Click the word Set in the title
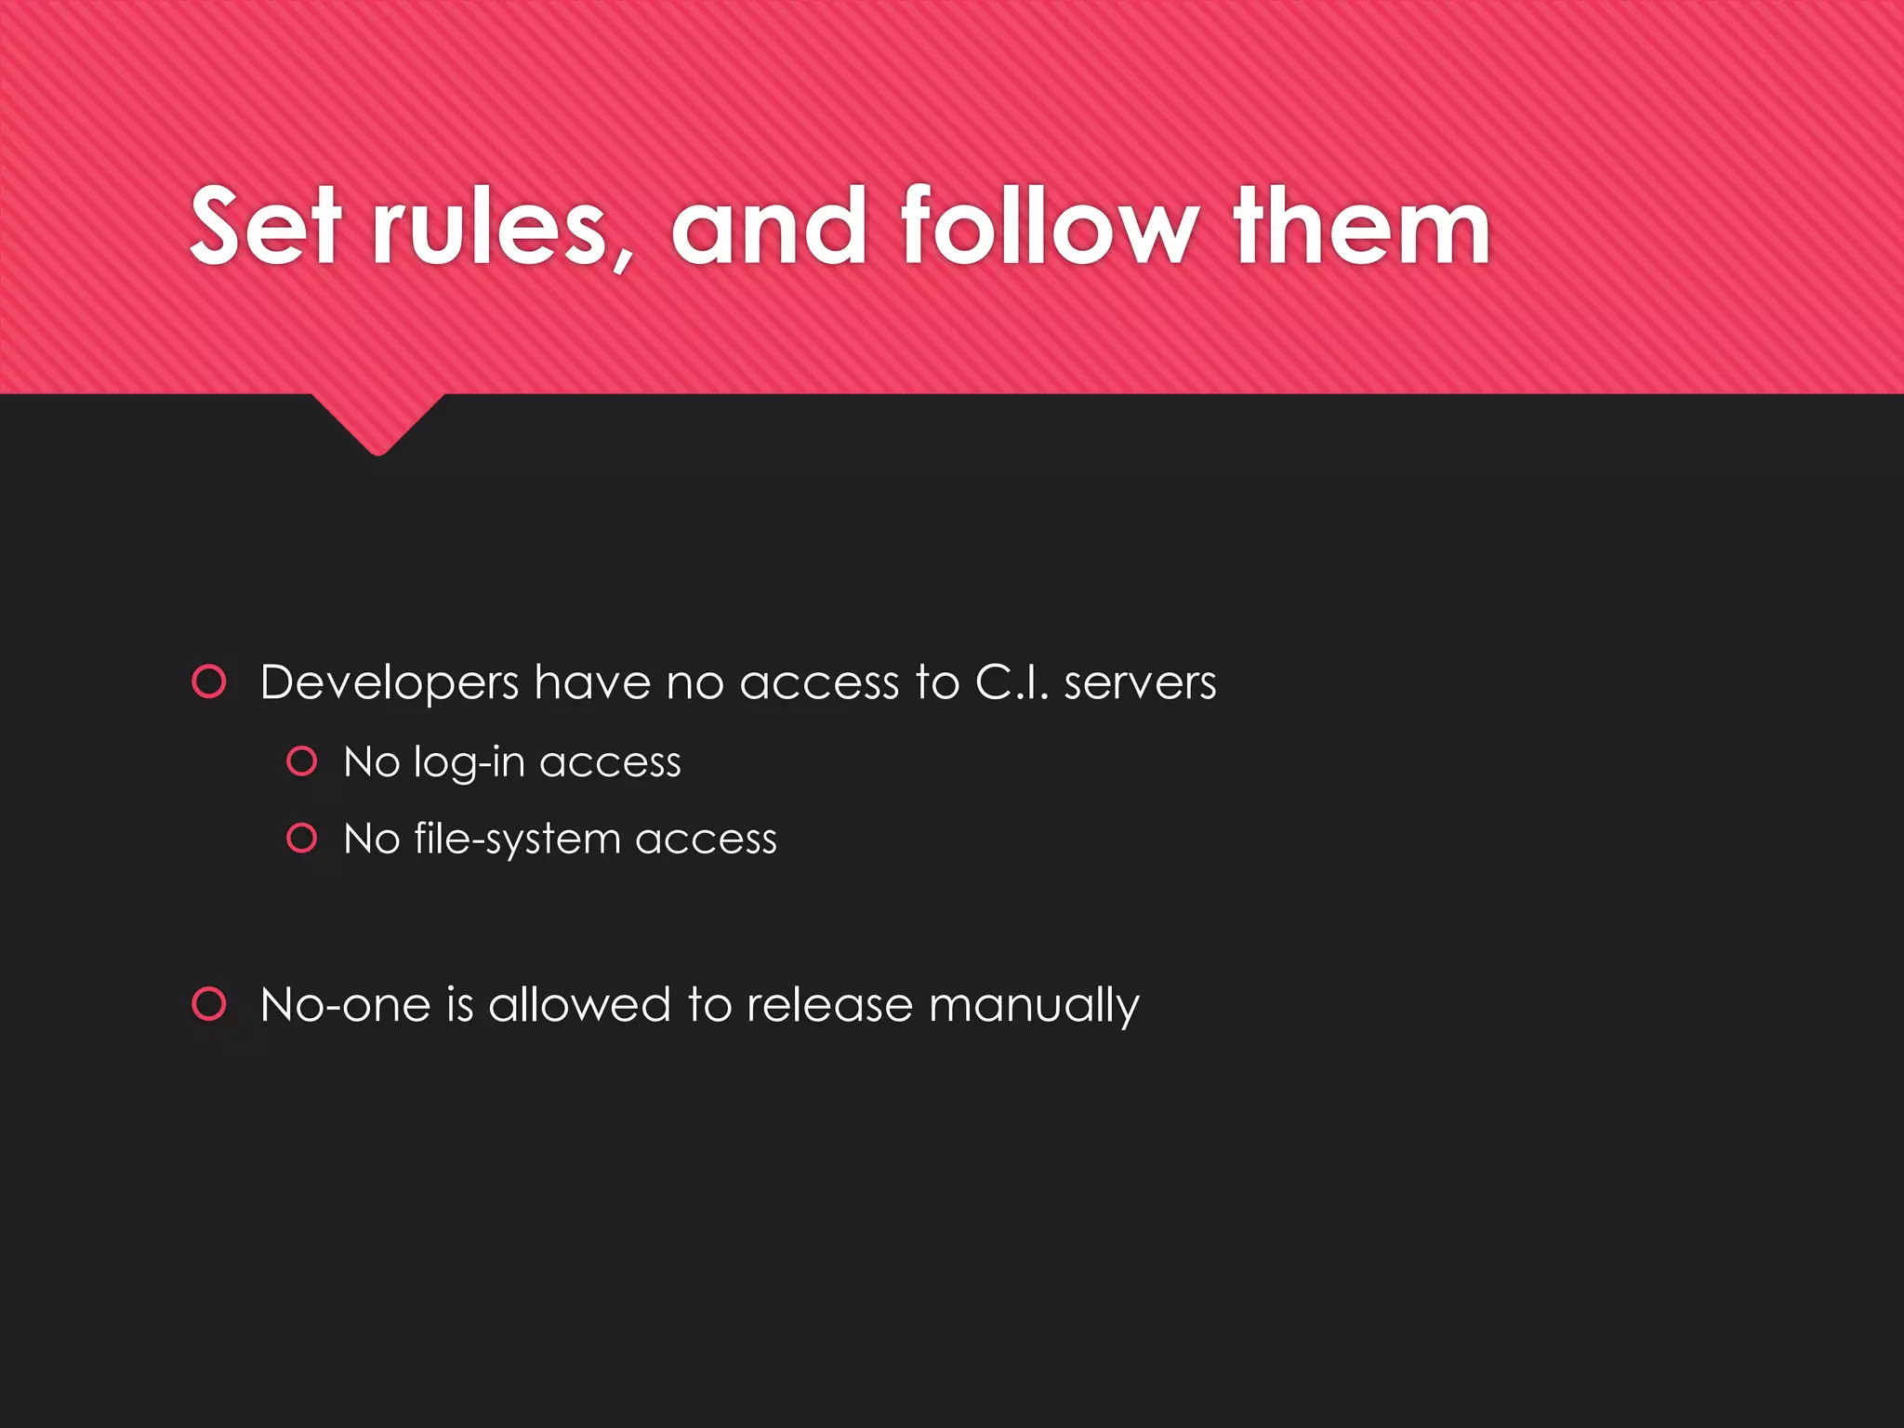point(264,226)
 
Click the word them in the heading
point(1362,226)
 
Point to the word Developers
point(390,684)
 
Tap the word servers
point(1140,682)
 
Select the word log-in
point(469,763)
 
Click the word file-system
point(517,840)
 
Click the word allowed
point(579,1005)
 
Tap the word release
point(829,1005)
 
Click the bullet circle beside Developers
point(209,681)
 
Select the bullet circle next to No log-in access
point(302,761)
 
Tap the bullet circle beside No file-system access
point(302,839)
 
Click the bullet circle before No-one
point(209,1004)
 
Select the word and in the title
point(769,226)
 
